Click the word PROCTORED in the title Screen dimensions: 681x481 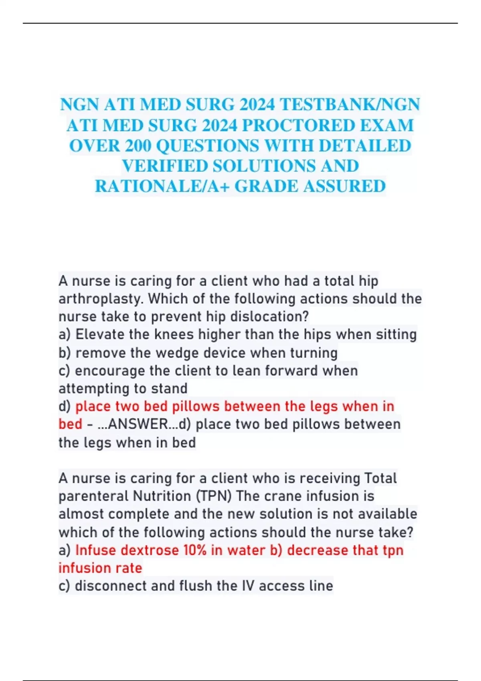(x=298, y=125)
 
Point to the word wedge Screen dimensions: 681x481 (x=177, y=353)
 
